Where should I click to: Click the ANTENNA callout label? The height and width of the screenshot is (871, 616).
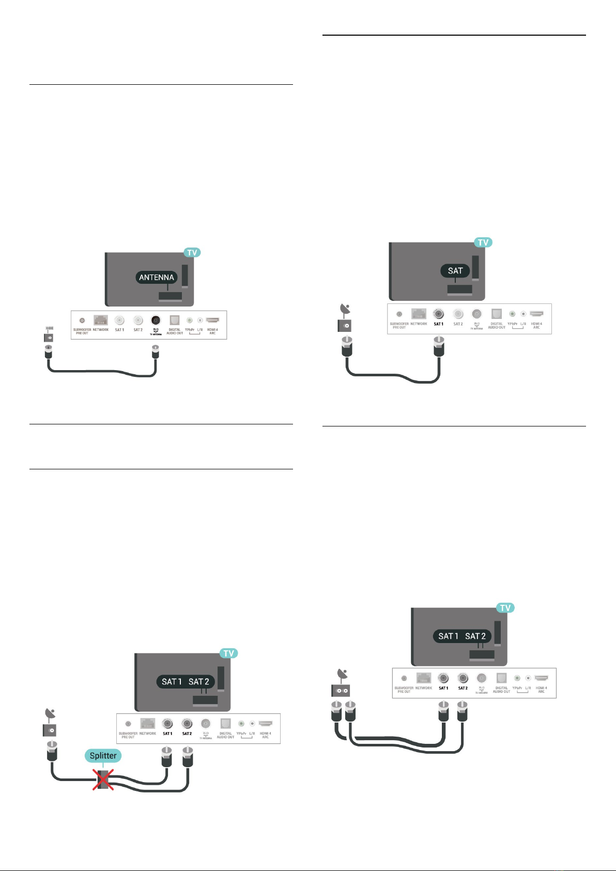click(157, 278)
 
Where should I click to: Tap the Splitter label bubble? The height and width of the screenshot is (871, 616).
click(103, 756)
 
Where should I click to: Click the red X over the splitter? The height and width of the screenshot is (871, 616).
click(103, 780)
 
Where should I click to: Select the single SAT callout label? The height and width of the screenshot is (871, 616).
click(455, 271)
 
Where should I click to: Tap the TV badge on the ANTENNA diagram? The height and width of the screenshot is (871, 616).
click(192, 253)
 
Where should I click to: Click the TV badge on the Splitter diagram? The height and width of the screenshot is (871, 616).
click(229, 653)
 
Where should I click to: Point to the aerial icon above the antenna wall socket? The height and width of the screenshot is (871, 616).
click(49, 328)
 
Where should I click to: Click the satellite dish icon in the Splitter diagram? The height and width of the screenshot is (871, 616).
click(51, 715)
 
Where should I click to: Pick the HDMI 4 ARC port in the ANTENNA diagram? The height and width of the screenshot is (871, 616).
click(212, 321)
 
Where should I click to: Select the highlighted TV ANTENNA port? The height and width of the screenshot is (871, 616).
click(156, 320)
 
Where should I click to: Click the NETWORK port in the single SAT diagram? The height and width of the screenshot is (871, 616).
click(419, 314)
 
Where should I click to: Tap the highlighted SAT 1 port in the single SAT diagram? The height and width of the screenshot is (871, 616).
click(439, 314)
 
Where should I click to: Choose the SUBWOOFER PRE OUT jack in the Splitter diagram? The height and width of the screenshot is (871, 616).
click(128, 724)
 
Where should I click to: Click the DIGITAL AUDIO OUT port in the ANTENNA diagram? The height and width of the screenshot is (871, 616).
click(175, 320)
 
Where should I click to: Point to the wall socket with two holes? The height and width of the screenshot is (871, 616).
click(340, 690)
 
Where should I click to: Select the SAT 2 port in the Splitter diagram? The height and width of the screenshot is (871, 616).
click(187, 724)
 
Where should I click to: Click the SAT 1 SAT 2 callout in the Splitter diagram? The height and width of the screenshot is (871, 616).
click(185, 682)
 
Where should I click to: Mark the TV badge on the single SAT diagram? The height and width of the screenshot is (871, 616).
click(483, 242)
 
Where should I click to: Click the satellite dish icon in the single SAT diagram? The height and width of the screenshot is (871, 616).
click(345, 310)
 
